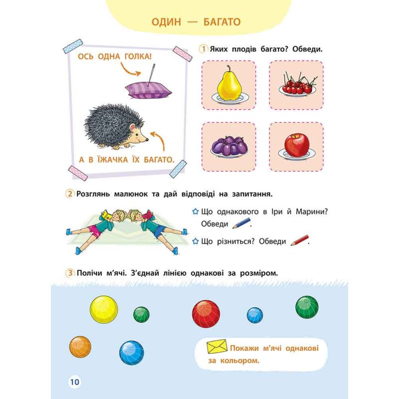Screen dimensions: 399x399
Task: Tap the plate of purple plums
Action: (229, 147)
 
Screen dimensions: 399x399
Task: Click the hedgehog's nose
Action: (147, 140)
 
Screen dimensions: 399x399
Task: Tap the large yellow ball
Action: (104, 309)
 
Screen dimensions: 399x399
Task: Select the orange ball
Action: (80, 347)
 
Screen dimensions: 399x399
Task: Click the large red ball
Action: (206, 314)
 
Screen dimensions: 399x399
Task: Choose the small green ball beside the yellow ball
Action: (141, 315)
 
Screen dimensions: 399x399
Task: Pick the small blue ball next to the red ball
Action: (255, 315)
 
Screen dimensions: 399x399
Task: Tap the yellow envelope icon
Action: (217, 346)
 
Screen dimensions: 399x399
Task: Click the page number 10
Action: (75, 382)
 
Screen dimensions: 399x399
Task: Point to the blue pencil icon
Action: (242, 223)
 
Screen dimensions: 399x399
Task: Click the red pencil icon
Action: (300, 240)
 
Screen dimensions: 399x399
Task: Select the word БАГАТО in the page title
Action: (222, 22)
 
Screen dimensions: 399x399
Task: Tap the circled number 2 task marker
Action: (69, 194)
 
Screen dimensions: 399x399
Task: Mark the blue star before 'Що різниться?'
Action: (195, 241)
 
